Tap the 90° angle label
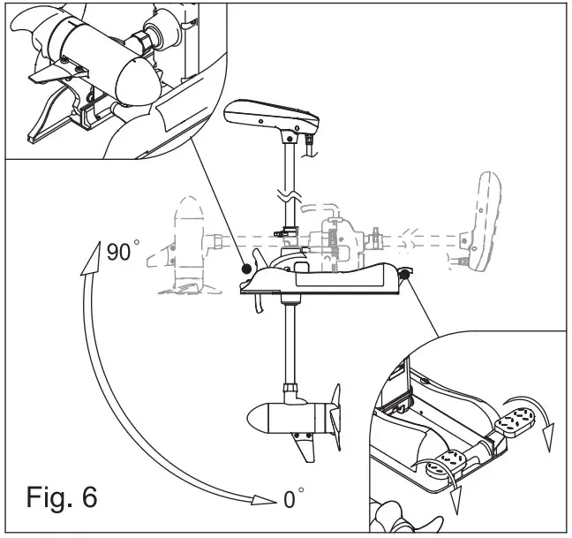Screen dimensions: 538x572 point(123,252)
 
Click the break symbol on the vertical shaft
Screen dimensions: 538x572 point(287,193)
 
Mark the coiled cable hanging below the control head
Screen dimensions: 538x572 point(310,145)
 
